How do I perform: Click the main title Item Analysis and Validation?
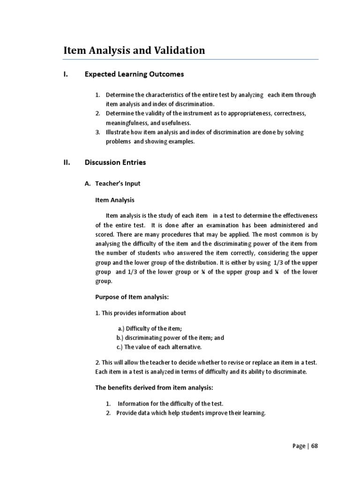134,51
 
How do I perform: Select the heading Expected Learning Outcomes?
134,74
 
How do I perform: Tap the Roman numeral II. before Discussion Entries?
67,163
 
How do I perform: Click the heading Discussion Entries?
115,163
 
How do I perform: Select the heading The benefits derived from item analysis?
154,388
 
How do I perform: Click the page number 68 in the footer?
314,446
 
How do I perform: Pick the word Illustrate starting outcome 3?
119,132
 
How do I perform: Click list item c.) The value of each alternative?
159,347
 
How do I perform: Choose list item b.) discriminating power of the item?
170,337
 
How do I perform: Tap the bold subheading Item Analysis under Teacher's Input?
115,200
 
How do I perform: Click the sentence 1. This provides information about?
141,313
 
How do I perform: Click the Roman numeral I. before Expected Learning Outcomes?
66,74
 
